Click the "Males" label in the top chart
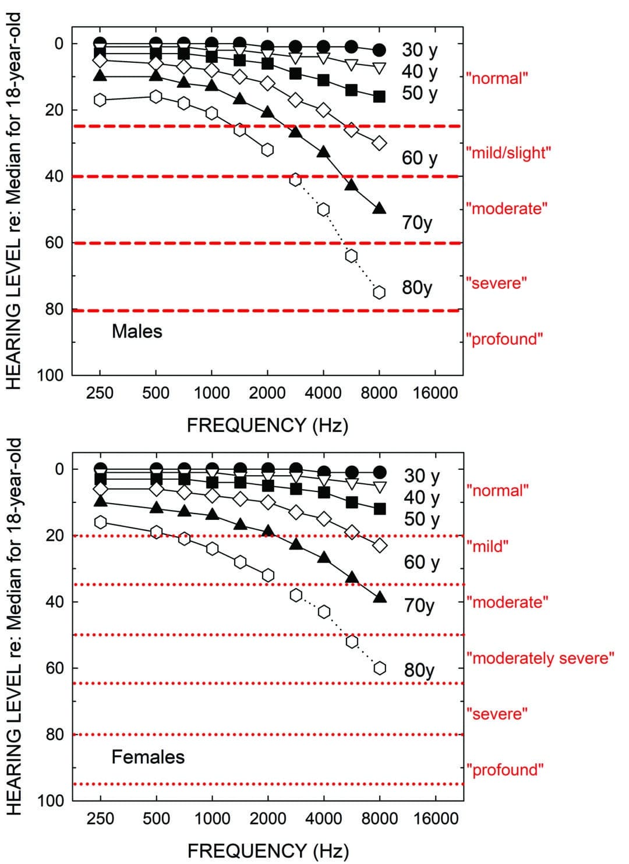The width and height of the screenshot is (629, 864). point(137,331)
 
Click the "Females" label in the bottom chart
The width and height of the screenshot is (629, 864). point(148,757)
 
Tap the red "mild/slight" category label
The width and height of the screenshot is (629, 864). point(508,153)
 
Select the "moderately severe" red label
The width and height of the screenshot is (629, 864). point(540,658)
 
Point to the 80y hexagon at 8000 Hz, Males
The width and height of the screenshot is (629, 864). point(379,292)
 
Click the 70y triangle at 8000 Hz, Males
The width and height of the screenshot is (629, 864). point(379,208)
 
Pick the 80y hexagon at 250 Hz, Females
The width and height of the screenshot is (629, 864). point(100,522)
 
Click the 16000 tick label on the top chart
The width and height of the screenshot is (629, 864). point(435,393)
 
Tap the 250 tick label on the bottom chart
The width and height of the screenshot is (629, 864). point(100,819)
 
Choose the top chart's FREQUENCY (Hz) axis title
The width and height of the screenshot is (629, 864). point(267,426)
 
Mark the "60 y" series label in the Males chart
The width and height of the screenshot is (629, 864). point(419,158)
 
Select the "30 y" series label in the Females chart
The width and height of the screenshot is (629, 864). point(422,476)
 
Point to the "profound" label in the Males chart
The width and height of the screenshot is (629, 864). point(504,339)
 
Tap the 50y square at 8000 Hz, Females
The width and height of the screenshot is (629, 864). point(379,509)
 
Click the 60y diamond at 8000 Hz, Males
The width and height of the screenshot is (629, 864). point(379,143)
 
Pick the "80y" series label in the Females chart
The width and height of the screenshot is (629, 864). point(419,670)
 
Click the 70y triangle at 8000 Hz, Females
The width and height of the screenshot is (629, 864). point(379,597)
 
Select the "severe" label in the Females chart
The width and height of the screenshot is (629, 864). point(497,714)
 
